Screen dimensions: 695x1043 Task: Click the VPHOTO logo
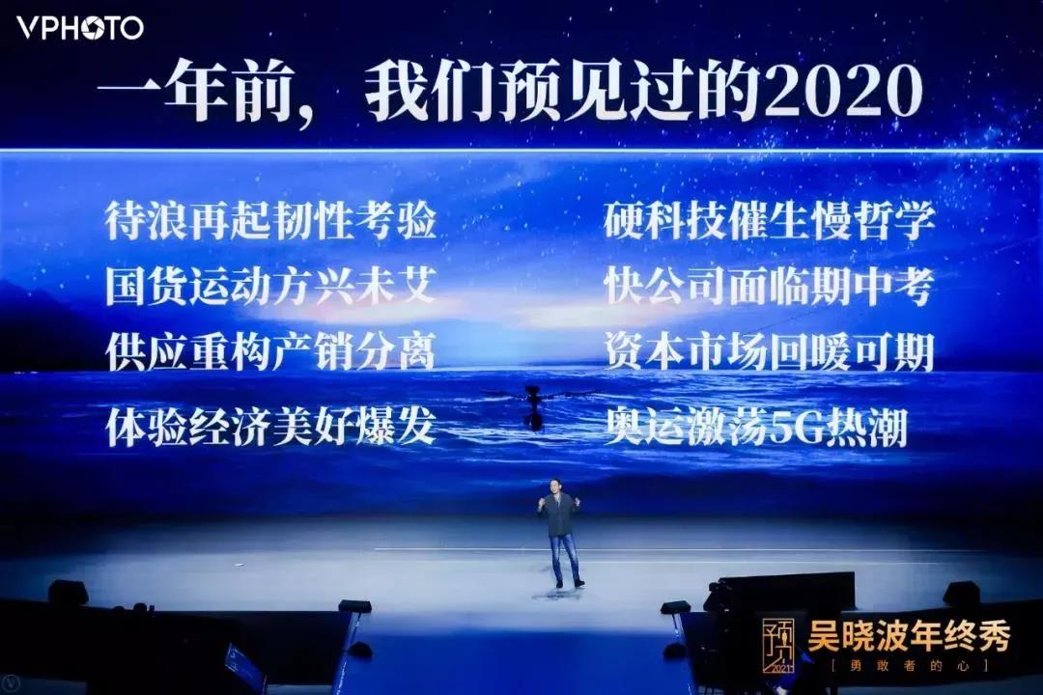pos(80,28)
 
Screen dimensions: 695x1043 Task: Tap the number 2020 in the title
pos(848,94)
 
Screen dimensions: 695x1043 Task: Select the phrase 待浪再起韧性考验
pos(271,222)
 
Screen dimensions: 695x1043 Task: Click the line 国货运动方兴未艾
pos(271,287)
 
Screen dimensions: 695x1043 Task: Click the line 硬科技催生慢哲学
pos(770,222)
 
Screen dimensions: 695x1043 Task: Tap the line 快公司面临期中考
pos(770,287)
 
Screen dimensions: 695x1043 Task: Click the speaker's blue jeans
pos(563,558)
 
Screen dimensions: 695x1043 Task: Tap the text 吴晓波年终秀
pos(909,637)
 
